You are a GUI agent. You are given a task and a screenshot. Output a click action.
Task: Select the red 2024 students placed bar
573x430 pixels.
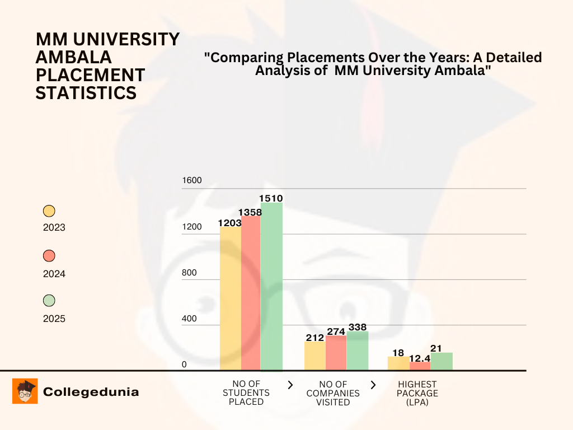[x=251, y=293]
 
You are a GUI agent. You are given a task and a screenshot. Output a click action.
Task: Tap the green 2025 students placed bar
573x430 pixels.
[x=271, y=286]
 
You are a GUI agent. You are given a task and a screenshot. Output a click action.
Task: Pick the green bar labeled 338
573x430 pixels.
[x=358, y=350]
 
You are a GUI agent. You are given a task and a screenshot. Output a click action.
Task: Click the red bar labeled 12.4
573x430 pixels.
[x=420, y=366]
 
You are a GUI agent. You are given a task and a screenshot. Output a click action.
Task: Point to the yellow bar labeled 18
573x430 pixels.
[x=398, y=363]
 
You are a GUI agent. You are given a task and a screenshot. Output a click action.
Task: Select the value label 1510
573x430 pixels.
[x=271, y=198]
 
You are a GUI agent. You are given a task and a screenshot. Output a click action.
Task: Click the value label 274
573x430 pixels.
[x=336, y=331]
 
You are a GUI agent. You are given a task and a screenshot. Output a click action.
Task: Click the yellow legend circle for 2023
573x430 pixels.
[x=49, y=211]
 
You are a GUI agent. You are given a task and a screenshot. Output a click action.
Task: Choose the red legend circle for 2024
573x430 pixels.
[x=49, y=256]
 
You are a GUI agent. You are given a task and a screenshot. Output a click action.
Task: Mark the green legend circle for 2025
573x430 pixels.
[x=49, y=301]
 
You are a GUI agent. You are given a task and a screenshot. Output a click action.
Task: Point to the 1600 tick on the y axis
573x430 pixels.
[x=191, y=181]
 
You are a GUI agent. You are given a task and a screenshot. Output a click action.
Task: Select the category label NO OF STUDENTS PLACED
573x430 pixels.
[x=246, y=393]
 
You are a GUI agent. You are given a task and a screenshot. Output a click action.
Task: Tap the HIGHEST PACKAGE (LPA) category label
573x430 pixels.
[x=417, y=393]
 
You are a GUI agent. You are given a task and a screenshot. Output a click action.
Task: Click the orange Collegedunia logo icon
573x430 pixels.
[x=25, y=391]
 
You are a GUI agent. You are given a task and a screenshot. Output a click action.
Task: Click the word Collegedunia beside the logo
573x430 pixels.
[x=91, y=392]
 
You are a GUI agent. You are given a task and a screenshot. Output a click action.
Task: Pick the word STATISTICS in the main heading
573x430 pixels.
[x=86, y=93]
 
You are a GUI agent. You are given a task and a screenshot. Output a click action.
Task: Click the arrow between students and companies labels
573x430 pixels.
[x=290, y=385]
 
